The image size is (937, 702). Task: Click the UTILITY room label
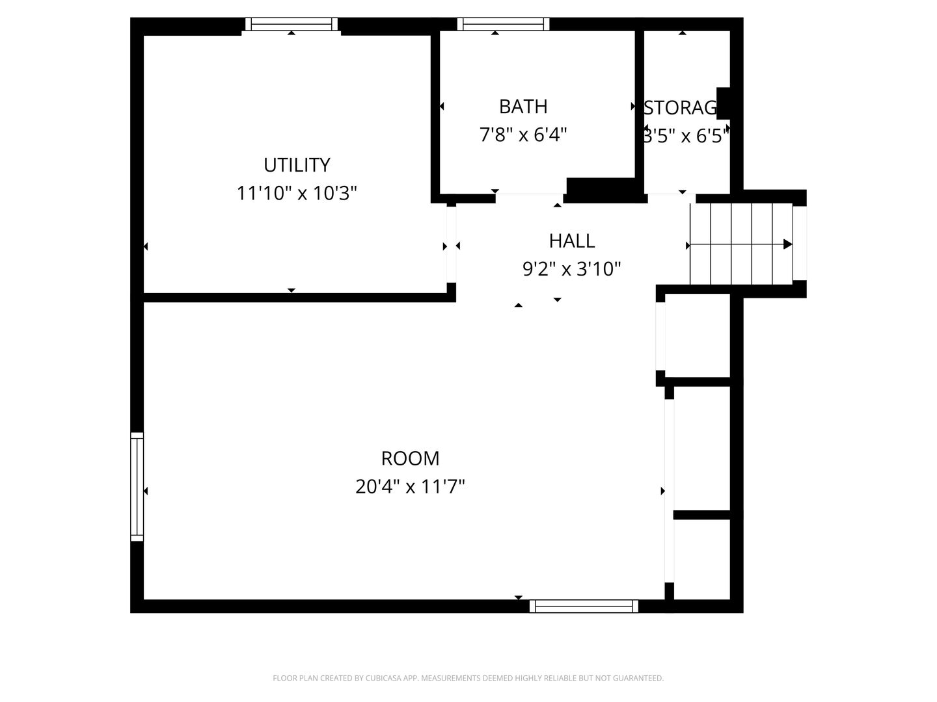(x=297, y=165)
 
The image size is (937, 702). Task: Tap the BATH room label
(x=523, y=106)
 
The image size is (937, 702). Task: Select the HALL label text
(x=571, y=240)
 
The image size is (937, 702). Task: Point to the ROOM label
(x=410, y=458)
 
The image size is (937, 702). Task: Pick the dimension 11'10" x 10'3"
(x=297, y=193)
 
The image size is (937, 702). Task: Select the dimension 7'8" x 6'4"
(x=523, y=135)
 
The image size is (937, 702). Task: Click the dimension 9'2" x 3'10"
(x=571, y=268)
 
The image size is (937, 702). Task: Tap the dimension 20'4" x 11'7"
(x=410, y=486)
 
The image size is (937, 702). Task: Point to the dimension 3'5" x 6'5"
(x=685, y=136)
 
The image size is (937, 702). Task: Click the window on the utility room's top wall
(x=292, y=25)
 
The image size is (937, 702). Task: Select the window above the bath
(x=503, y=25)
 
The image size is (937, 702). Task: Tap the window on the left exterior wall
(x=137, y=486)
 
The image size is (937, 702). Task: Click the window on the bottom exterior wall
(x=584, y=606)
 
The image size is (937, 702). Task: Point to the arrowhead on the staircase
(x=787, y=244)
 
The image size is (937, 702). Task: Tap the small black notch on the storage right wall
(x=724, y=103)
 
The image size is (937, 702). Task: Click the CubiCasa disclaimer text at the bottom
(x=468, y=678)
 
